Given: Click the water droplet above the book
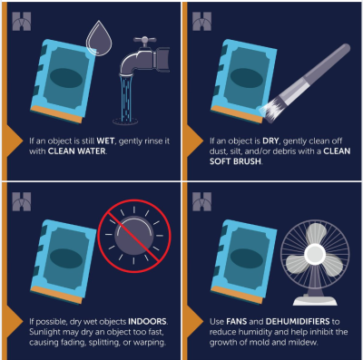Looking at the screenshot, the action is [99, 39].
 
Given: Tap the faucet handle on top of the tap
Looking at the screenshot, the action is [144, 40].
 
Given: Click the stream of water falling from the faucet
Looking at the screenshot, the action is [125, 98].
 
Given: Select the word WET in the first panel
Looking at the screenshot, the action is [105, 141].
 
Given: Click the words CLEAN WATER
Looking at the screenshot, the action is [77, 151].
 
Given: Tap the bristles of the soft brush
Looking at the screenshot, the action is [270, 110].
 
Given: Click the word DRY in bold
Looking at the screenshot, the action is [270, 141].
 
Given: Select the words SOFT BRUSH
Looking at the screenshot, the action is [235, 161].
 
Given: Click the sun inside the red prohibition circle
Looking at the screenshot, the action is [134, 236].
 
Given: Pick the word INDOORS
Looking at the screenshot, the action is [147, 321].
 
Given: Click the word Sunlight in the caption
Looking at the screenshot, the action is [44, 332].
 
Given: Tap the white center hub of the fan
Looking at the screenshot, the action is [315, 255].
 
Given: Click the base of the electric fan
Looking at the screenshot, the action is [315, 300].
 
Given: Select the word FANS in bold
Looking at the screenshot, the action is [237, 321].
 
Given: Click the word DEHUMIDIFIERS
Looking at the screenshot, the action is [298, 321].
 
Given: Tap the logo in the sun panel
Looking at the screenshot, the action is [22, 201].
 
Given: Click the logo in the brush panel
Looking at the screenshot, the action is [201, 21].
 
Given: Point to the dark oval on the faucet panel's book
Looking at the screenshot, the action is [66, 78].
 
